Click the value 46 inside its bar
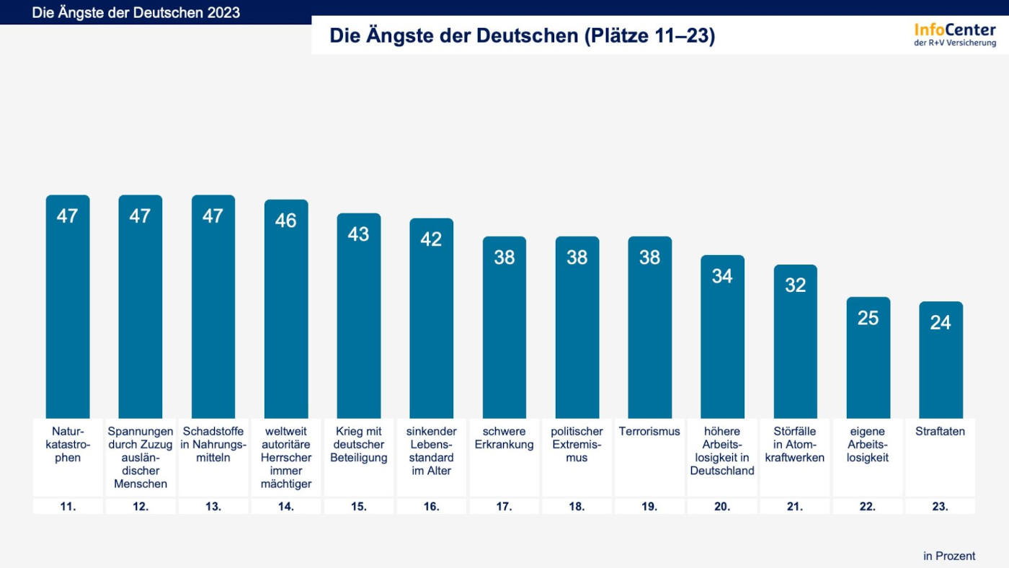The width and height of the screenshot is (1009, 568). pyautogui.click(x=285, y=221)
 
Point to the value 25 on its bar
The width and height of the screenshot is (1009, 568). pyautogui.click(x=868, y=318)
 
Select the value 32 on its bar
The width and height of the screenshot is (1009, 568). pyautogui.click(x=795, y=285)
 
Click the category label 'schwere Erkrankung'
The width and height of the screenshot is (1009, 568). pyautogui.click(x=504, y=438)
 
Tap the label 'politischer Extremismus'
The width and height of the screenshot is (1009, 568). pyautogui.click(x=577, y=445)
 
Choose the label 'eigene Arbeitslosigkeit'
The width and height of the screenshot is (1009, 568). pyautogui.click(x=868, y=445)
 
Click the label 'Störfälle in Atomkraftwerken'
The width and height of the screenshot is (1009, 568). pyautogui.click(x=795, y=445)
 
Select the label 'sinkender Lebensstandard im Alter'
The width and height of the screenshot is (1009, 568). pyautogui.click(x=431, y=451)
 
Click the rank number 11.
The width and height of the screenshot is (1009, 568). pyautogui.click(x=68, y=507)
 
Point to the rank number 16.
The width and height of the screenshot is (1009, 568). pyautogui.click(x=431, y=507)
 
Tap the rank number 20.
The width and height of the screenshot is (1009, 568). pyautogui.click(x=722, y=507)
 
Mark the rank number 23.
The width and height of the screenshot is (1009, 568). pyautogui.click(x=941, y=507)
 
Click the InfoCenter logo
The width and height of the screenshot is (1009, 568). pyautogui.click(x=955, y=34)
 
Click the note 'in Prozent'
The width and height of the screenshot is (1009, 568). pyautogui.click(x=949, y=556)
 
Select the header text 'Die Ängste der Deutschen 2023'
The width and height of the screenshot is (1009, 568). pyautogui.click(x=135, y=13)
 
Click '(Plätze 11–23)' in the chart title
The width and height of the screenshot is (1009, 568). pyautogui.click(x=648, y=36)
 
